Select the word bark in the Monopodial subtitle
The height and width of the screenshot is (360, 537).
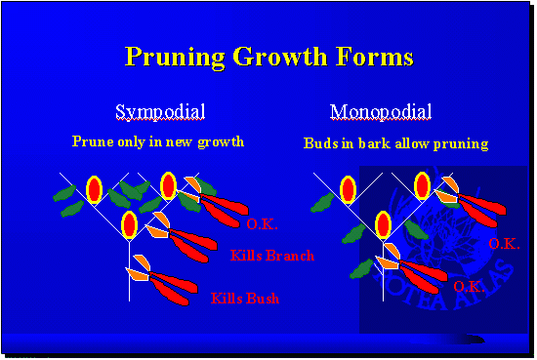[x=388, y=143]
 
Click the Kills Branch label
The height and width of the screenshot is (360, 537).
[x=272, y=256]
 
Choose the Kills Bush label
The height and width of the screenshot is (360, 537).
[x=244, y=298]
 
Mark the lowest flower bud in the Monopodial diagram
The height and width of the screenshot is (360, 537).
[x=383, y=226]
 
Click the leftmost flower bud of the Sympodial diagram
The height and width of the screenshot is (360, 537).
[x=94, y=187]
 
